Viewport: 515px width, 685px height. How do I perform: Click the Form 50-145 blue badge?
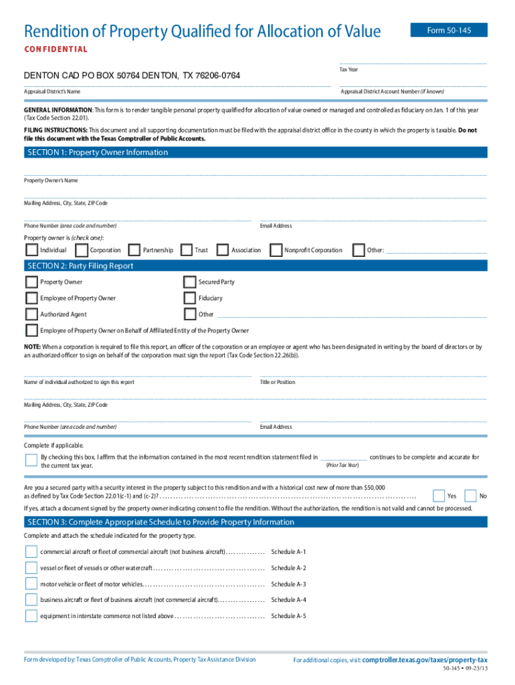(x=448, y=30)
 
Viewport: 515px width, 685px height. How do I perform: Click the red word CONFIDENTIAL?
(x=56, y=50)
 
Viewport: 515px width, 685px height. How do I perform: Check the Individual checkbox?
(x=31, y=250)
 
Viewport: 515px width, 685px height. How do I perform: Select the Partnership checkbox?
(x=134, y=250)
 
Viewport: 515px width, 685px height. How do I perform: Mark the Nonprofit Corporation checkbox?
(x=276, y=250)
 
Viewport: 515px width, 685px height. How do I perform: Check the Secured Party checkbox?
(x=190, y=282)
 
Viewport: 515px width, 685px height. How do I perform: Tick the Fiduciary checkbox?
(x=190, y=298)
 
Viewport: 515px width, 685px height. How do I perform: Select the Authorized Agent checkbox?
(x=31, y=314)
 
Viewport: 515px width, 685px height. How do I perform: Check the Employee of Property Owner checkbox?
(x=31, y=298)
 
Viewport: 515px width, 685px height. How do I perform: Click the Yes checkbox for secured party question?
(x=439, y=496)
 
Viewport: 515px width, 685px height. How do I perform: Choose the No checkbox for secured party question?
(x=470, y=496)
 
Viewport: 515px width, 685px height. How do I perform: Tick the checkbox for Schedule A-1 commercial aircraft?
(x=31, y=552)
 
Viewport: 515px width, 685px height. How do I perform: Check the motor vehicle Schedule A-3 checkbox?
(x=31, y=584)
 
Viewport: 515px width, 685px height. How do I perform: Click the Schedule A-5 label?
(x=288, y=616)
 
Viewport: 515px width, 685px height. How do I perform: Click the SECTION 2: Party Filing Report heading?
(x=80, y=266)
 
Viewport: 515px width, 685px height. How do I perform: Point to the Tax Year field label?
(x=348, y=70)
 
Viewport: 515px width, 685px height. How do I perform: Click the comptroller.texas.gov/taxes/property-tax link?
(x=424, y=660)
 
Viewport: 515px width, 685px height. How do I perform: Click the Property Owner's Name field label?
(x=51, y=181)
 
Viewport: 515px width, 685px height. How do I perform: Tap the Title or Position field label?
(x=277, y=382)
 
